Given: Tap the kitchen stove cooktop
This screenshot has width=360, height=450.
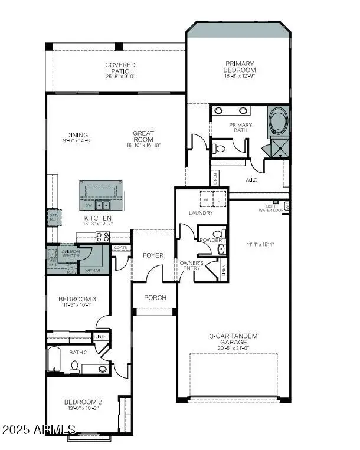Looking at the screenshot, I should (102, 237).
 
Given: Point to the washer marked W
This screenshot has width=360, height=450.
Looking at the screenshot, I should (207, 200).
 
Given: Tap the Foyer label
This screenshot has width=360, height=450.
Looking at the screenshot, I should (153, 255).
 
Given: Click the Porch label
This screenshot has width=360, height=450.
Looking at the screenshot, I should (155, 298).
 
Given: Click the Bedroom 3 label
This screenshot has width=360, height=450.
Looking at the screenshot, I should (77, 299).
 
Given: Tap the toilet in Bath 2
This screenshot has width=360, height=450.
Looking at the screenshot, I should (74, 367).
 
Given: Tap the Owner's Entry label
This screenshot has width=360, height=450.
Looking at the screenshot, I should (191, 265).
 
